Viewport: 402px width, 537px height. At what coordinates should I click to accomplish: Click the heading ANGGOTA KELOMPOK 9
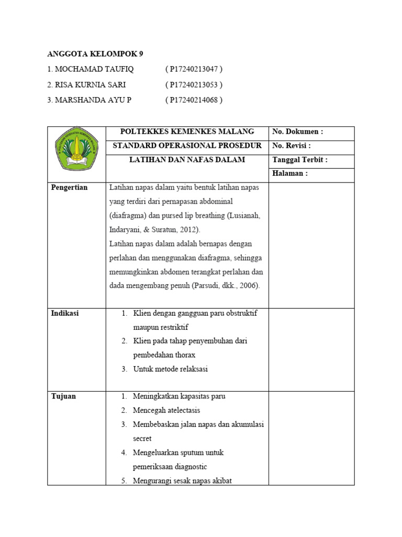pos(95,54)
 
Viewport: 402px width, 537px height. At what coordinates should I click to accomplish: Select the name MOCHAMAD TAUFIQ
pos(90,69)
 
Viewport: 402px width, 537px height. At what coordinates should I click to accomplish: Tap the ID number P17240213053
pos(194,84)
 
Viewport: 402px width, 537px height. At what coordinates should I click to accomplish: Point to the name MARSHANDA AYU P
pos(89,100)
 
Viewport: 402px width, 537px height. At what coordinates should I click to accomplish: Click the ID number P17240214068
pos(194,100)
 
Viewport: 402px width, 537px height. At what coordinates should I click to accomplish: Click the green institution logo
pos(76,149)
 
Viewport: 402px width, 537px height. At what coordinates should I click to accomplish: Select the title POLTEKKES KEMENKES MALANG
pos(187,132)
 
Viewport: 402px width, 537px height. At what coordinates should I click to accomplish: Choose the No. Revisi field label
pos(292,146)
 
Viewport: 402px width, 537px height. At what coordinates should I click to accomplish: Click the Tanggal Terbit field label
pos(300,160)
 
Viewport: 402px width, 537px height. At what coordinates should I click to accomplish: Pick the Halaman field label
pos(289,174)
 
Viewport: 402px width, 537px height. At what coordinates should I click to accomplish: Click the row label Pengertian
pos(69,188)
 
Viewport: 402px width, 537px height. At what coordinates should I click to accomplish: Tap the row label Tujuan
pos(63,396)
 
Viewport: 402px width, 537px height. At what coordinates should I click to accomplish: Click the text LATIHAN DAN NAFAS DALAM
pos(187,159)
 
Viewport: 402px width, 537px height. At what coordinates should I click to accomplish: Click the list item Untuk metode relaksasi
pos(170,369)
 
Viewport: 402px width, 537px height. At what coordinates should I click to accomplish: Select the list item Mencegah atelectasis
pos(166,411)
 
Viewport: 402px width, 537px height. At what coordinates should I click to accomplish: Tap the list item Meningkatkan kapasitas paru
pos(179,396)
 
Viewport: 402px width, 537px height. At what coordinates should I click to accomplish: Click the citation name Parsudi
pos(205,286)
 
